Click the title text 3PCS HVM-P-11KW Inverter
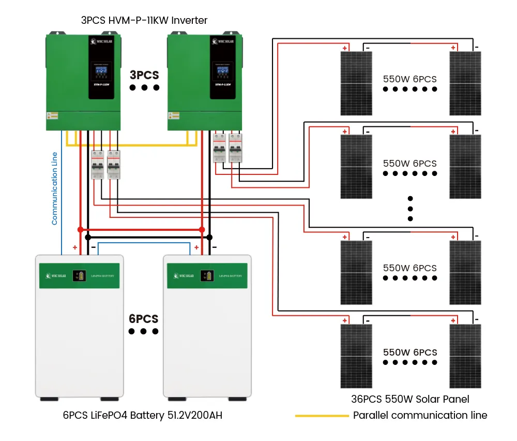tap(144, 21)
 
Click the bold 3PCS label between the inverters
tap(144, 75)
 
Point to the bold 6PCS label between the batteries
tap(144, 319)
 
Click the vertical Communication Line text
tap(55, 188)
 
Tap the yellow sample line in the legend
tap(322, 416)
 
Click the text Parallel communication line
tap(420, 415)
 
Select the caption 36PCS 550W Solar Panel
tap(410, 399)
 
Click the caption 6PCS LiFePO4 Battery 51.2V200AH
tap(143, 415)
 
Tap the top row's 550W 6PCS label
tap(410, 79)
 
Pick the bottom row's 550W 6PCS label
tap(410, 352)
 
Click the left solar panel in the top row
tap(356, 83)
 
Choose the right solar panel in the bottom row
tap(465, 356)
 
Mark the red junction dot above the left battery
tap(80, 229)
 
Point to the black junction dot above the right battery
tap(209, 237)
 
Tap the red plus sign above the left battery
tap(75, 248)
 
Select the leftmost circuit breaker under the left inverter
tap(97, 165)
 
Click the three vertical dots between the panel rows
tap(410, 209)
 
